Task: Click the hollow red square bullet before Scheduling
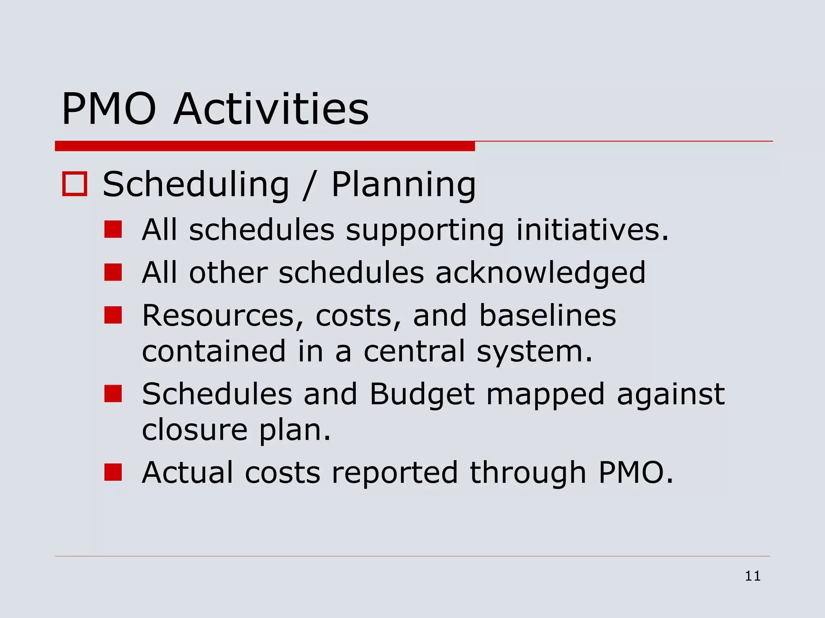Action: (75, 184)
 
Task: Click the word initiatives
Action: (592, 230)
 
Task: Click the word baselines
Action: (547, 315)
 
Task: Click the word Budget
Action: (422, 394)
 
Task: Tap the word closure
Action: (195, 429)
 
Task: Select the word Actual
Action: (188, 472)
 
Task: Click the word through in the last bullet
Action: (528, 472)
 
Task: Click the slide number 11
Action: (752, 576)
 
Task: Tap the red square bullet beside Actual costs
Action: (113, 472)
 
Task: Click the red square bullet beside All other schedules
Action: (113, 272)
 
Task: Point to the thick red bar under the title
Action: (265, 146)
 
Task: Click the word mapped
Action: (545, 395)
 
